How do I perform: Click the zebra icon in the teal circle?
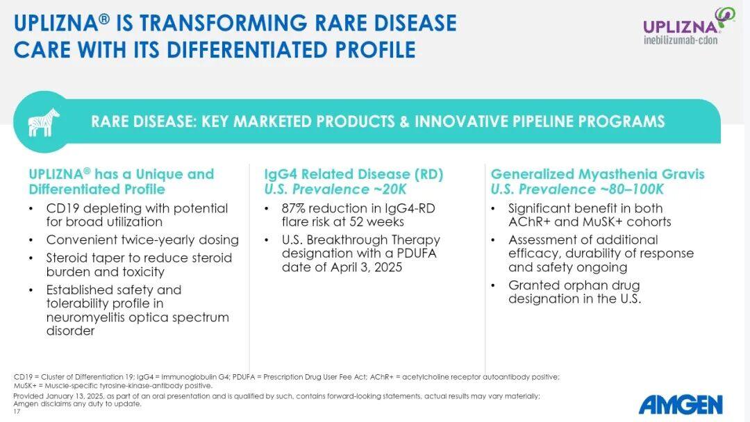[44, 122]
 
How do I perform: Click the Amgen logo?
[681, 405]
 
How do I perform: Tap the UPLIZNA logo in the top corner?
[688, 26]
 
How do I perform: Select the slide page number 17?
[17, 412]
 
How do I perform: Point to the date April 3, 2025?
[366, 267]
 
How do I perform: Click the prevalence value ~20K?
[388, 189]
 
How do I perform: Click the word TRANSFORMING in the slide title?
[223, 23]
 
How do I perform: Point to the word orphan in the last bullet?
[597, 286]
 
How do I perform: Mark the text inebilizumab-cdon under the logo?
[681, 40]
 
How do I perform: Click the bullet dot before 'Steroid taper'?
[31, 259]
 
